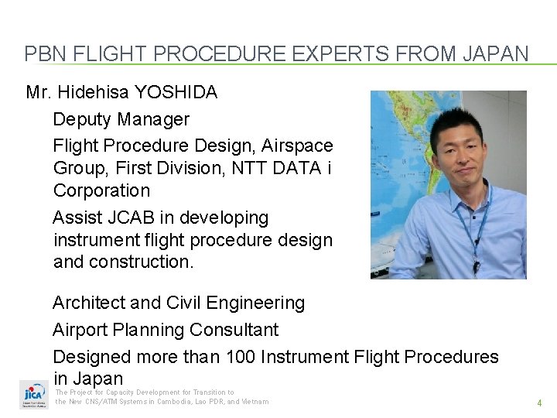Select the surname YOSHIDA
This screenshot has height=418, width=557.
click(x=176, y=93)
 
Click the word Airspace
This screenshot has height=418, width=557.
click(x=297, y=146)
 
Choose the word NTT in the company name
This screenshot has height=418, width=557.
click(x=245, y=168)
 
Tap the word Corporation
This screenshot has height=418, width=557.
click(x=101, y=190)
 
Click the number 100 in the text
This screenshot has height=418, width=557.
click(x=241, y=357)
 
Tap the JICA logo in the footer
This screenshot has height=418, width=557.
click(x=33, y=395)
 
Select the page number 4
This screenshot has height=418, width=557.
click(x=539, y=403)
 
